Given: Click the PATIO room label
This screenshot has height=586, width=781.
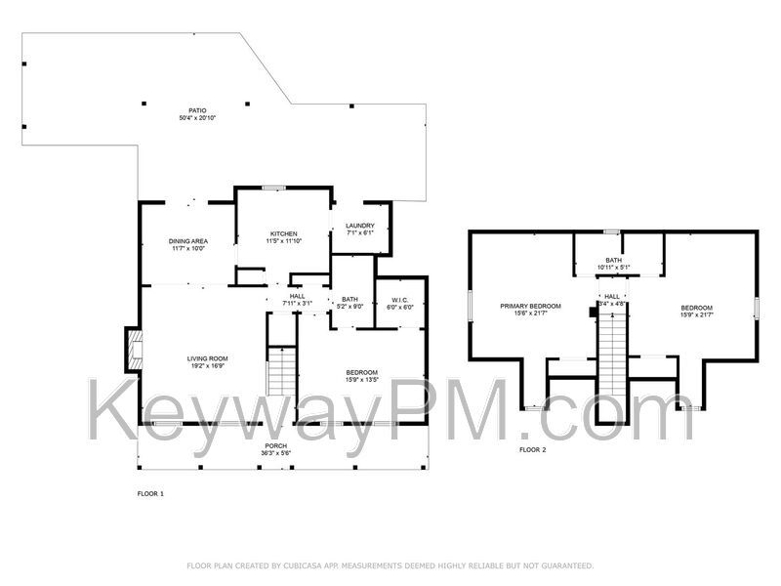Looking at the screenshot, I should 197,110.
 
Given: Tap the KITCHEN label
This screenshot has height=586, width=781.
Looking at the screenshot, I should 284,233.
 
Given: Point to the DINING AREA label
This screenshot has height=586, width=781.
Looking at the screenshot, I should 188,240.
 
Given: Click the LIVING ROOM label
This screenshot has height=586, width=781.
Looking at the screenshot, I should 208,358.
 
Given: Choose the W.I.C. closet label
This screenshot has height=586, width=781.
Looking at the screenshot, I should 400,300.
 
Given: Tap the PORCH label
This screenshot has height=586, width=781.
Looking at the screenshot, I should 275,446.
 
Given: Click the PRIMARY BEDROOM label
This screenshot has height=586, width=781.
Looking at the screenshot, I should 531,307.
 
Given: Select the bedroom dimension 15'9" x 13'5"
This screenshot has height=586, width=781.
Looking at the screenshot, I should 361,379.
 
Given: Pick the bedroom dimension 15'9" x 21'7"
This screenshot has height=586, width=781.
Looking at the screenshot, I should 696,314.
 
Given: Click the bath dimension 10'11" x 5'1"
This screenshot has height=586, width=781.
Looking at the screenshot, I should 613,267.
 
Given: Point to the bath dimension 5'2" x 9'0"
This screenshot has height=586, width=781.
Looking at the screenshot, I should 349,307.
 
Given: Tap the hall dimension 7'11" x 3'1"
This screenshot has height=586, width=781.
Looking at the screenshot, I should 297,304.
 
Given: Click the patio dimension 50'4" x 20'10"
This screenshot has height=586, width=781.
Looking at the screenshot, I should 197,118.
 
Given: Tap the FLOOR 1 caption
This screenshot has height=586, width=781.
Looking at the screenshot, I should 150,494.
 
